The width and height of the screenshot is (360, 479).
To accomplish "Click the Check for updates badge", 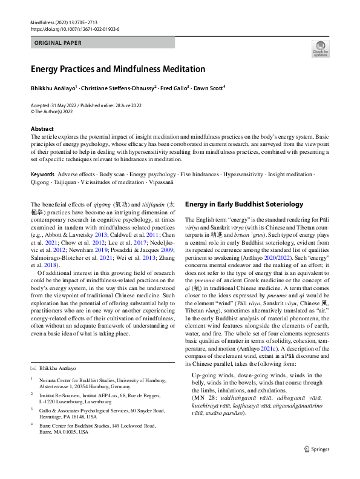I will point(320,48).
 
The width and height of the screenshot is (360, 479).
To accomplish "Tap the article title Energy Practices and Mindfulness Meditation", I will point(118,69).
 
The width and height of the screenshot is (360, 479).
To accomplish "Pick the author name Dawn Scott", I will point(209,88).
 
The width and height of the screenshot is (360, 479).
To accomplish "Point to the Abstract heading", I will point(42,129).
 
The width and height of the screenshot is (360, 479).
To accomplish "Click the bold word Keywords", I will point(42,174).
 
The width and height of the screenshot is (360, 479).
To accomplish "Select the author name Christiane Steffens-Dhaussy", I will point(123,88).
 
